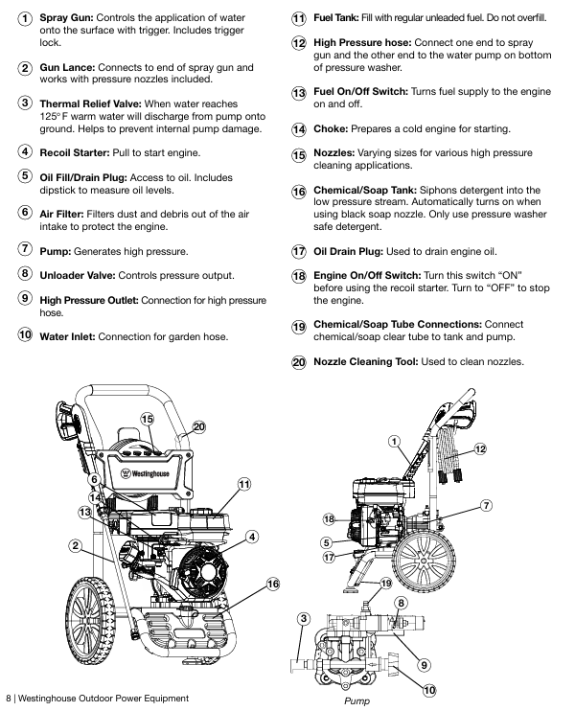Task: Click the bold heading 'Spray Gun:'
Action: coord(70,18)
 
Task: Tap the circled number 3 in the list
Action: coord(24,103)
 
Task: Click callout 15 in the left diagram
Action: coord(148,419)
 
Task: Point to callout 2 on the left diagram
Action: coord(75,546)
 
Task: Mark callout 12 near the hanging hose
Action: coord(479,448)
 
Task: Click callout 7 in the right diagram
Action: coord(486,505)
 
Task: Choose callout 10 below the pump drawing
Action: coord(428,689)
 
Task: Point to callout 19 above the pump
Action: coord(386,583)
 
